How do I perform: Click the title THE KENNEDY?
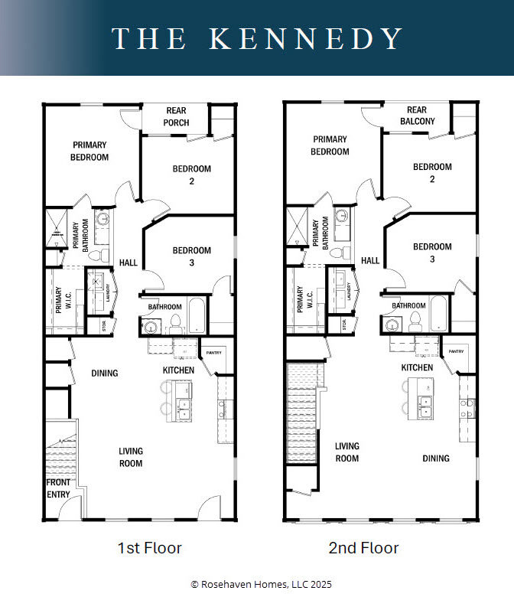tap(257, 38)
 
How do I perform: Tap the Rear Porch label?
tap(176, 116)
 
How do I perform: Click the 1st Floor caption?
tap(150, 548)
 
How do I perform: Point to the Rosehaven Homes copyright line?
tap(257, 584)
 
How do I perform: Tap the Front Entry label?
tap(58, 488)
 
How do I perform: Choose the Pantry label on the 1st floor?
tap(214, 352)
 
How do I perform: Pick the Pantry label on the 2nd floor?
tap(456, 351)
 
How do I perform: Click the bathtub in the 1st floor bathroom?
tap(197, 315)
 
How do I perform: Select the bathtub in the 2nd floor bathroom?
tap(440, 314)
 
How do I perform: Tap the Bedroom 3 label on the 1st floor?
tap(191, 256)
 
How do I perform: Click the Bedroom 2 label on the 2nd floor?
tap(432, 173)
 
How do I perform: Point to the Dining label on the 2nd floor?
tap(436, 458)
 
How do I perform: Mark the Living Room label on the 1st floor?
tap(130, 457)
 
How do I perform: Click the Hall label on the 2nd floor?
tap(370, 261)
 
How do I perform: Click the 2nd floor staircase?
tap(301, 413)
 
